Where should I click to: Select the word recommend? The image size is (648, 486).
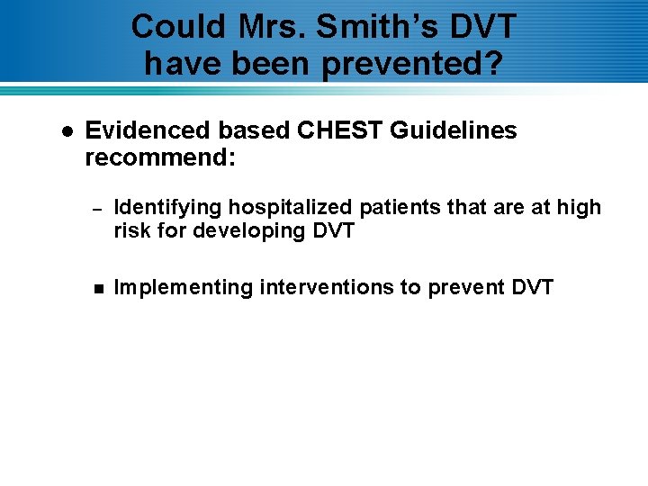pyautogui.click(x=160, y=158)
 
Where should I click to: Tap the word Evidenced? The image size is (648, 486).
pyautogui.click(x=142, y=130)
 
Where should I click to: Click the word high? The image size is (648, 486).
pyautogui.click(x=578, y=207)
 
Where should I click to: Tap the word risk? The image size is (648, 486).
pyautogui.click(x=131, y=230)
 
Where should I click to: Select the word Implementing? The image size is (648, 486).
pyautogui.click(x=184, y=288)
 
